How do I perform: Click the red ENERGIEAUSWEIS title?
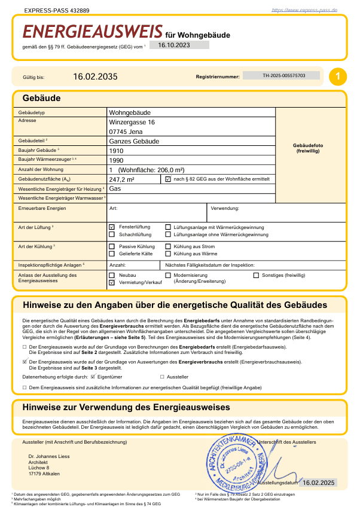[93, 32]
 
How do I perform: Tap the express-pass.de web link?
[304, 10]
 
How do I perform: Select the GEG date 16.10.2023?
[174, 45]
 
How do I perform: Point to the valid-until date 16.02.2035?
[95, 77]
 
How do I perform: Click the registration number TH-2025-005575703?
[283, 76]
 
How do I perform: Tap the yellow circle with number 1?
[338, 76]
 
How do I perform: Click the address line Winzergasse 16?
[132, 122]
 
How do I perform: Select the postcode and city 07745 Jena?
[126, 132]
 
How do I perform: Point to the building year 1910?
[116, 151]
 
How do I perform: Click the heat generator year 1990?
[116, 160]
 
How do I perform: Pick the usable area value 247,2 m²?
[121, 179]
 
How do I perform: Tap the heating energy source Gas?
[115, 188]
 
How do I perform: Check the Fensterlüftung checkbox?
[112, 228]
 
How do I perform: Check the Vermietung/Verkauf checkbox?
[112, 282]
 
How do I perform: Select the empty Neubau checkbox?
[112, 275]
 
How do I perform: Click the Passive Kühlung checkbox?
[112, 246]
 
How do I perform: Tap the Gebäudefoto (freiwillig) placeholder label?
[309, 149]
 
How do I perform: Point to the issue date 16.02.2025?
[319, 483]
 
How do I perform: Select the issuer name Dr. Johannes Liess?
[50, 457]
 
